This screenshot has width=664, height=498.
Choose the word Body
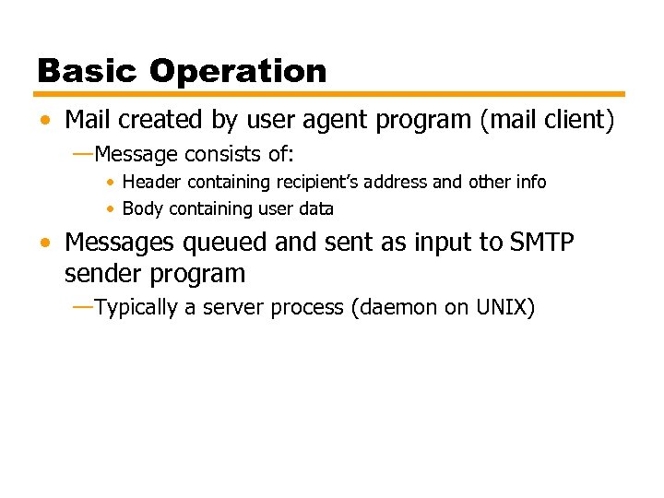pos(142,209)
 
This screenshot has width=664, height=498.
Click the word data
pos(315,209)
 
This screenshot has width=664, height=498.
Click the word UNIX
pos(501,307)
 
